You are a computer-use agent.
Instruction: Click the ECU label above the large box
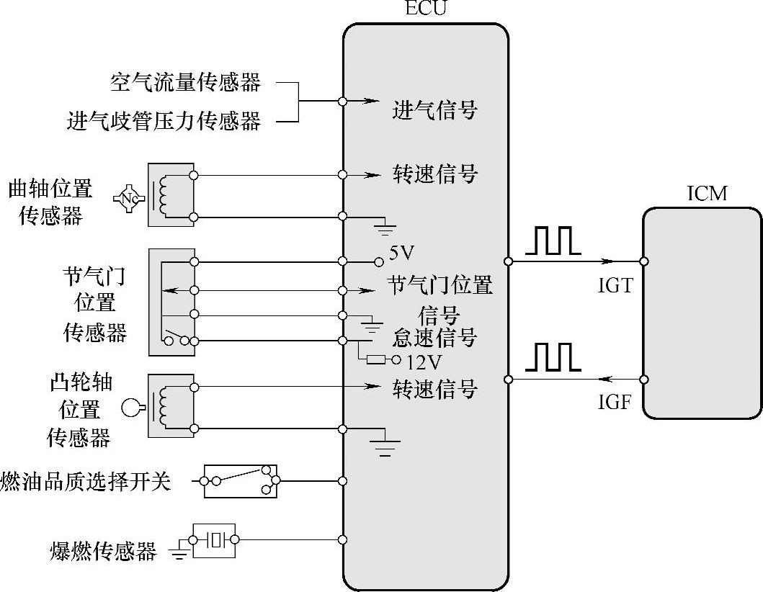(426, 9)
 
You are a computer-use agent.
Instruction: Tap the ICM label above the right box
(707, 193)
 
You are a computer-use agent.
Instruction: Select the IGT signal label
(615, 286)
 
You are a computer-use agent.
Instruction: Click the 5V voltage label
(402, 254)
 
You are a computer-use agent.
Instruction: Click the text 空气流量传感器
(185, 82)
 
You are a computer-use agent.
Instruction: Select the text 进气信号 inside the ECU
(434, 110)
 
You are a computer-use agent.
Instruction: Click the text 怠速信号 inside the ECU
(434, 337)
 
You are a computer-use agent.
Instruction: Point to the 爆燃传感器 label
(104, 552)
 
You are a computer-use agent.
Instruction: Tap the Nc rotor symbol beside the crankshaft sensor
(130, 196)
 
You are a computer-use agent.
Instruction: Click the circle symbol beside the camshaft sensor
(130, 408)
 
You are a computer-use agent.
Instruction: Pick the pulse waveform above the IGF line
(553, 357)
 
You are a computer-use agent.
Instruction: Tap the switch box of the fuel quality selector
(240, 480)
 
